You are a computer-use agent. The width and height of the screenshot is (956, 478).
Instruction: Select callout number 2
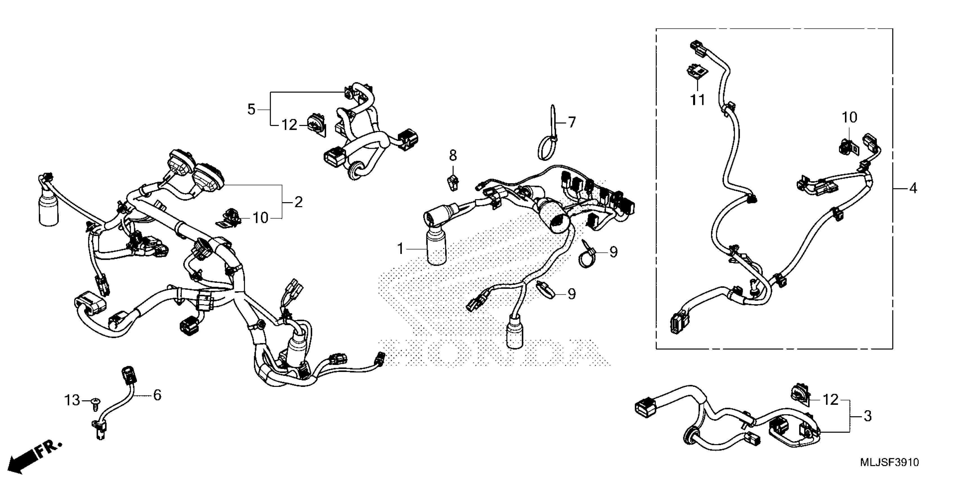coord(298,202)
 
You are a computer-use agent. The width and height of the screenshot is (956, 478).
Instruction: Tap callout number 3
coord(868,416)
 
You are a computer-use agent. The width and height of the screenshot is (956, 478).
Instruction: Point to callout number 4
coord(913,188)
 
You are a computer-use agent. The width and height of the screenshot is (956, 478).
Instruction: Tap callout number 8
coord(453,156)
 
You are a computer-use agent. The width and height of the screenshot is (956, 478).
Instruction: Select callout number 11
coord(697,100)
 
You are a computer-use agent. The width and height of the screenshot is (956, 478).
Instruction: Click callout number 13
coord(72,400)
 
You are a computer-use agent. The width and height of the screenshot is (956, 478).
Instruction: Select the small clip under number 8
coord(453,182)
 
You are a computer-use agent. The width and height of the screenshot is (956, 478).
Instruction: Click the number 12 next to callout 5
coord(290,125)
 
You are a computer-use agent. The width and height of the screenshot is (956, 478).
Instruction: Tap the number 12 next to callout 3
coord(831,400)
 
